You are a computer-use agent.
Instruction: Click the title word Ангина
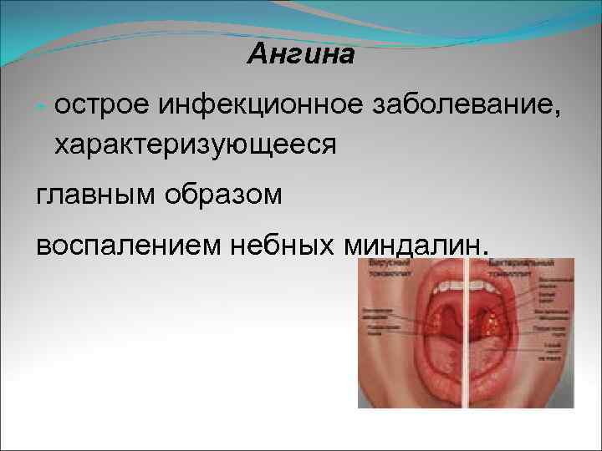click(x=301, y=55)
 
